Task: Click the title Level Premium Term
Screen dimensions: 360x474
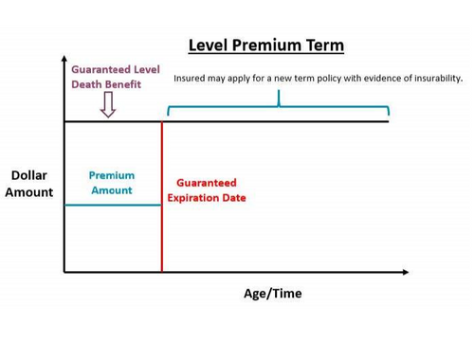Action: (x=265, y=45)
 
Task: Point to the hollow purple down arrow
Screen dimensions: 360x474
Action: (x=108, y=106)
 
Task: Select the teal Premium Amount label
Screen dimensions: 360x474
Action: (x=112, y=183)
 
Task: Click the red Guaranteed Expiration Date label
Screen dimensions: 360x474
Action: (x=211, y=190)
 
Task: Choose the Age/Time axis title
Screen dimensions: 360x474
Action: (x=273, y=294)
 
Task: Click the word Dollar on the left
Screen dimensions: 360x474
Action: (x=29, y=175)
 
